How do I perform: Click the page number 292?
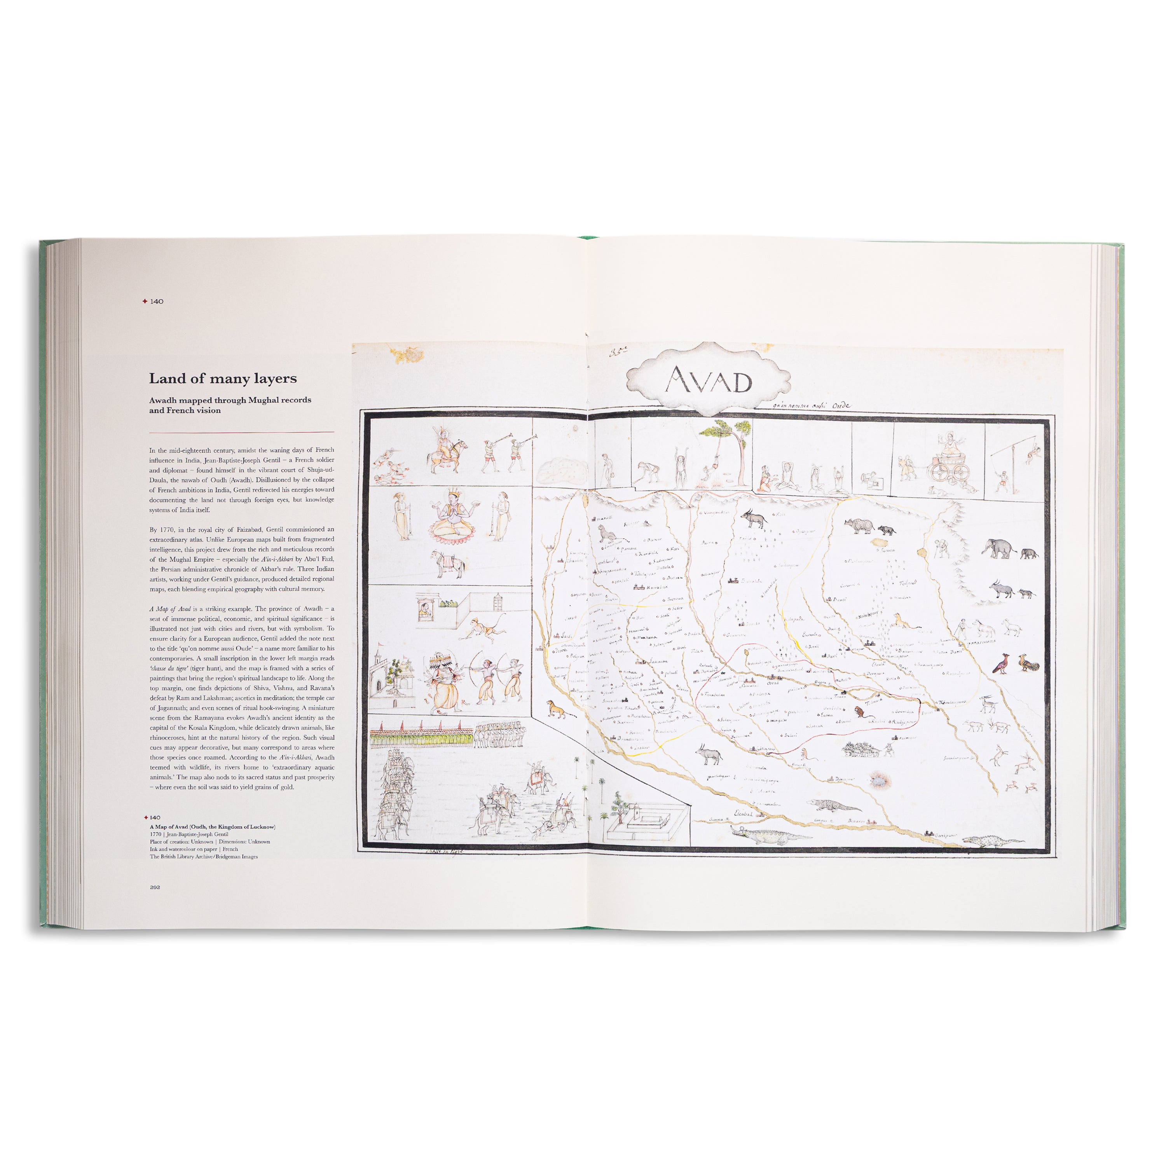(155, 887)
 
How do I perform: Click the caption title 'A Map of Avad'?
(169, 826)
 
